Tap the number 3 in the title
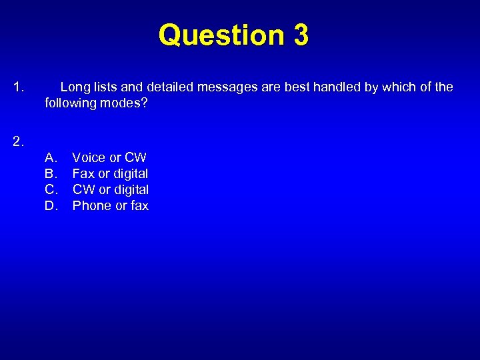(x=300, y=35)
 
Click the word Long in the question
(x=74, y=87)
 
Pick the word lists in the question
(x=106, y=87)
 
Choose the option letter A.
(x=51, y=158)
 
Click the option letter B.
(x=51, y=174)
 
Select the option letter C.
(x=51, y=190)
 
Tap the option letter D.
(x=51, y=206)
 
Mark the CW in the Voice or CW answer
(x=136, y=158)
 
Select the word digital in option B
(x=131, y=174)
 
